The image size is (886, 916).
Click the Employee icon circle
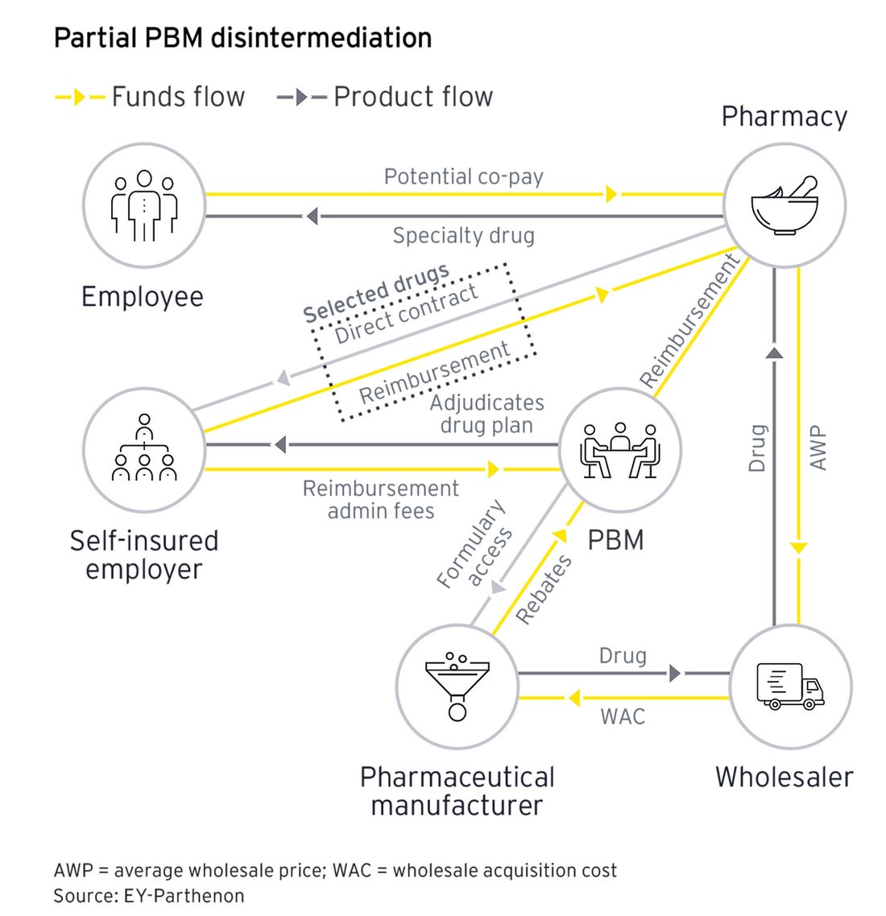[144, 206]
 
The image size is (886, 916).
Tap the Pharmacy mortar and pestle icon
[785, 206]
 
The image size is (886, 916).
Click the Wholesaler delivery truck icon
[790, 687]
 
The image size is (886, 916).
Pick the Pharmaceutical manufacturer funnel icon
[457, 687]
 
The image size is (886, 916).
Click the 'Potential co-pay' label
[463, 176]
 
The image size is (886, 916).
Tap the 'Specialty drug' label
[463, 236]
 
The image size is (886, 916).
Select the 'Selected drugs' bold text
[375, 293]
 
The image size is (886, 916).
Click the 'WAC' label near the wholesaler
[623, 716]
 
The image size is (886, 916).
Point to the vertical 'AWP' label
[818, 448]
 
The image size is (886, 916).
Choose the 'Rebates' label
[544, 588]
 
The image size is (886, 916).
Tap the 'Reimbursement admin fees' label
[380, 500]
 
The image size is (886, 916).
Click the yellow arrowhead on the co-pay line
[611, 194]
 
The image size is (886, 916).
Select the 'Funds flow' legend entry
[150, 97]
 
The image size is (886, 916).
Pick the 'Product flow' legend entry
[385, 97]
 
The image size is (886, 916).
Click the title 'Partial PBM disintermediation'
[242, 38]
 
